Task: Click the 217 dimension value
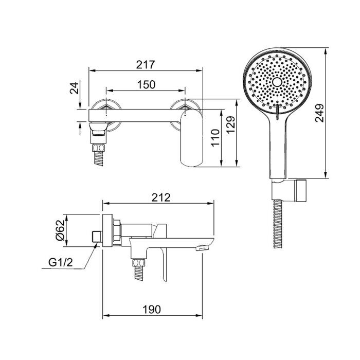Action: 146,65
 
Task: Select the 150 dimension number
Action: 146,85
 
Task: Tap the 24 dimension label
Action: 75,88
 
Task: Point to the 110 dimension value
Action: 215,138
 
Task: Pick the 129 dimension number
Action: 230,124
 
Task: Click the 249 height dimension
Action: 319,113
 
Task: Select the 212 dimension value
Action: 161,197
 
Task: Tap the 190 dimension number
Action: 152,310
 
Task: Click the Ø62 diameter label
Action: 60,230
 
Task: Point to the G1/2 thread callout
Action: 61,262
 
